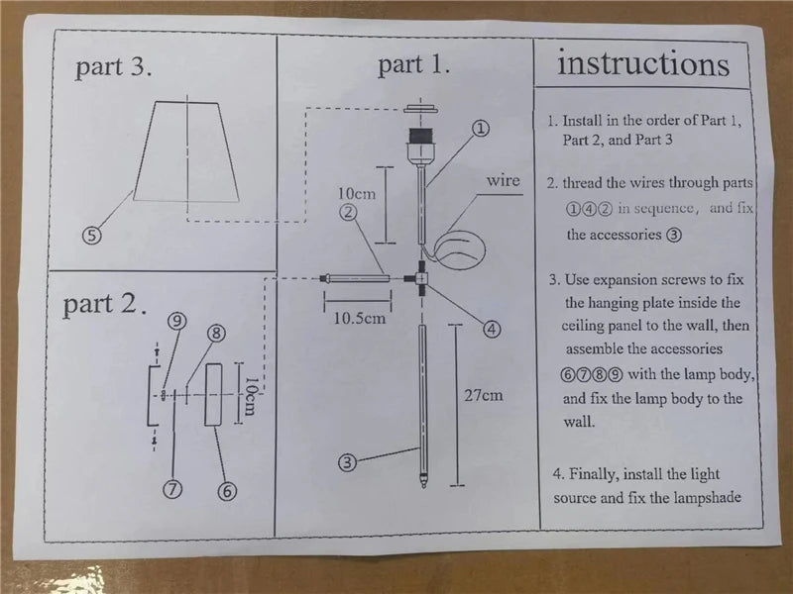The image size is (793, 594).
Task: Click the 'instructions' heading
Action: point(643,64)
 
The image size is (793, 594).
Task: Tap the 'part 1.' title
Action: point(414,65)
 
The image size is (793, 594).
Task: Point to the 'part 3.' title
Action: point(114,67)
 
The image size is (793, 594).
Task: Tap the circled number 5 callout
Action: point(91,236)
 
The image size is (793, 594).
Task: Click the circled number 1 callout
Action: point(480,128)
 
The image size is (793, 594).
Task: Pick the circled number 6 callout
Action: point(226,489)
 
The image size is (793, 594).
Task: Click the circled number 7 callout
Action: point(172,487)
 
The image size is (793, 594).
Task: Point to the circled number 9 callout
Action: point(175,321)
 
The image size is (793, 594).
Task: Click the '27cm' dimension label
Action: point(485,395)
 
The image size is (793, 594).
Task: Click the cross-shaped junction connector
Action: point(421,279)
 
